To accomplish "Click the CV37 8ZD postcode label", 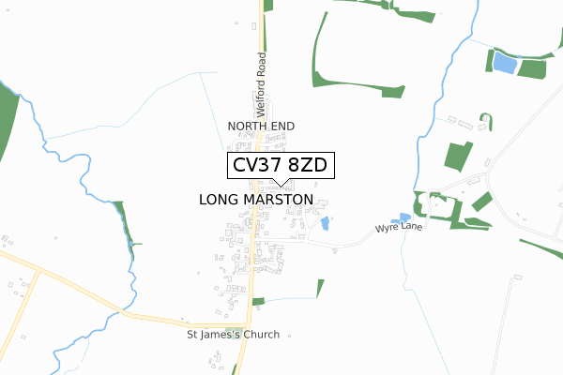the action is click(x=280, y=166).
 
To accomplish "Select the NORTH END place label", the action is click(x=261, y=126).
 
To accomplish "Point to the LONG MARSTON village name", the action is click(x=256, y=200).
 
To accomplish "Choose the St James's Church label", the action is click(x=233, y=335).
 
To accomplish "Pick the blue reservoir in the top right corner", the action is click(x=505, y=64).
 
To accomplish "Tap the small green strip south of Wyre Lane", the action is click(x=320, y=288).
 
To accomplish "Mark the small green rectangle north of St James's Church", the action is click(x=258, y=301).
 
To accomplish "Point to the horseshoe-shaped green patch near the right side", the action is click(x=485, y=121).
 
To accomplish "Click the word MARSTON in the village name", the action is click(x=281, y=200).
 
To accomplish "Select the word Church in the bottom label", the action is click(x=260, y=335).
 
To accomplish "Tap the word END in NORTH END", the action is click(x=281, y=126).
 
